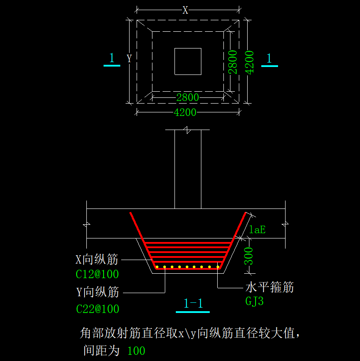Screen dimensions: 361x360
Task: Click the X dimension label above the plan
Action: coord(186,11)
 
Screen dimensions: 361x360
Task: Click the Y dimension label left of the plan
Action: coord(129,59)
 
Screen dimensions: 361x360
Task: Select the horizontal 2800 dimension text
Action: coord(188,97)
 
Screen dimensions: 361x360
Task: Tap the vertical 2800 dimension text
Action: coord(233,62)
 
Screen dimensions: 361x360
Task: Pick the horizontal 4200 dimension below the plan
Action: coord(185,112)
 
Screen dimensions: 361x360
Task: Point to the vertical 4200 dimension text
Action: coord(249,63)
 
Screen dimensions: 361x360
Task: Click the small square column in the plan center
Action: coord(188,61)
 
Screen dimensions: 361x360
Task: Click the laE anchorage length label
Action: coord(257,229)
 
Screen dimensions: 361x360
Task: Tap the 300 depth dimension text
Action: coord(249,256)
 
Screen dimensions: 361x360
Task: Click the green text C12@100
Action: coord(97,274)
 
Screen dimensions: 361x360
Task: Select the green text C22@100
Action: coord(98,309)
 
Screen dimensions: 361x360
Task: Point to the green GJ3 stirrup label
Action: coord(255,301)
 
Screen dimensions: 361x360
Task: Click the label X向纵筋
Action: coord(97,260)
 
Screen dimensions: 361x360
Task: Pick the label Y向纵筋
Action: coord(98,291)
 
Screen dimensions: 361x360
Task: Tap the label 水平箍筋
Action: coord(270,287)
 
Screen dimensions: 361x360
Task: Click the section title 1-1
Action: coord(193,303)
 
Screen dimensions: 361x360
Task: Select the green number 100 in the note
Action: coord(136,351)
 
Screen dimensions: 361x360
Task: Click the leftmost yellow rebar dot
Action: coord(157,267)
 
